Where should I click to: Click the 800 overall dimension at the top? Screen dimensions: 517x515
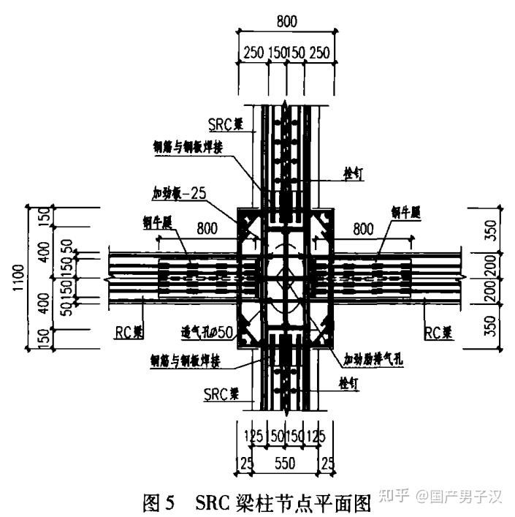(x=287, y=21)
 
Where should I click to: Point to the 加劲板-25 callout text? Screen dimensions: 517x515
(x=182, y=195)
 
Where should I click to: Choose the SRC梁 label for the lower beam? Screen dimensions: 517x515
(x=222, y=393)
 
